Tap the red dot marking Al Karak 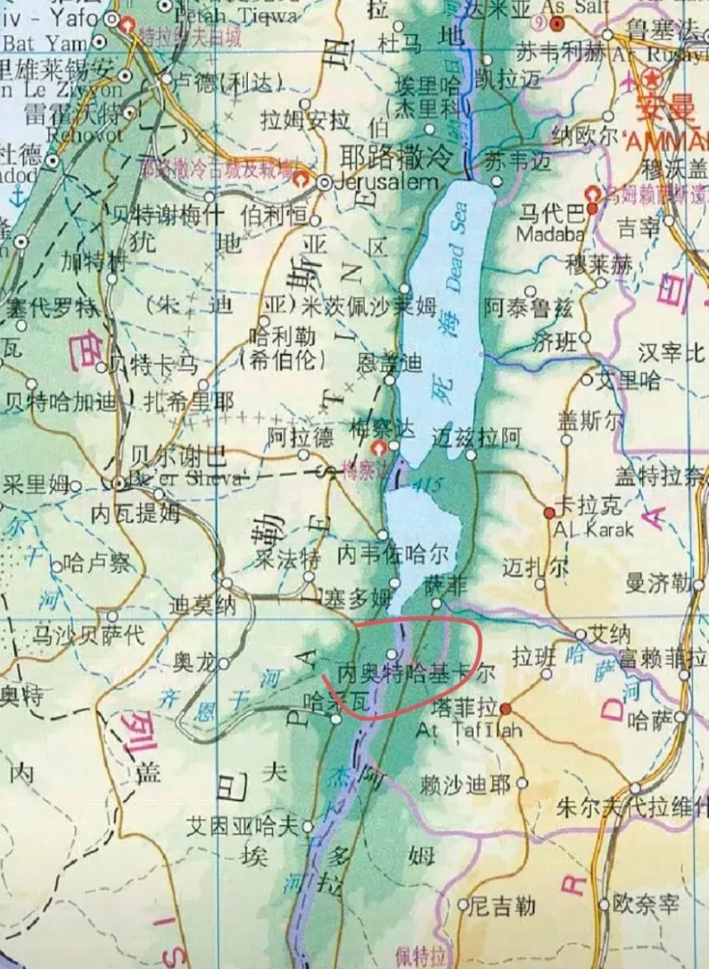click(x=549, y=512)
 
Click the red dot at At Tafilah click(x=506, y=708)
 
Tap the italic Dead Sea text click(x=457, y=241)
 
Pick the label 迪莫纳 click(x=202, y=606)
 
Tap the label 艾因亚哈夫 click(x=241, y=826)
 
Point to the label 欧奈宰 click(x=647, y=906)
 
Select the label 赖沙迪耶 click(x=466, y=784)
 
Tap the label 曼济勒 click(x=658, y=584)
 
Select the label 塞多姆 click(x=358, y=597)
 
